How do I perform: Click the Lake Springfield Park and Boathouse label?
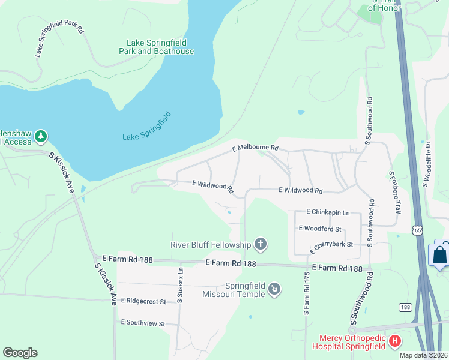[160, 47]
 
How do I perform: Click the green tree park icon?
[41, 137]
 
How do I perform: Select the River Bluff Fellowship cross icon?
[261, 244]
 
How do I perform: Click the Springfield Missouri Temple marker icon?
[274, 290]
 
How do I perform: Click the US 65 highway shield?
[418, 230]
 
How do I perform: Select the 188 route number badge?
[405, 307]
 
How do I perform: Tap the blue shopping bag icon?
[440, 254]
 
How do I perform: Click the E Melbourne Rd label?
[256, 148]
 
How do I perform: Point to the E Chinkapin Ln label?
[327, 212]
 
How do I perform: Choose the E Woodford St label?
[319, 229]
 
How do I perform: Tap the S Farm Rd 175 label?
[306, 295]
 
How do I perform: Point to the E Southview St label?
[143, 323]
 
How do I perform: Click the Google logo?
[20, 353]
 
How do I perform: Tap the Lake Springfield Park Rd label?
[59, 40]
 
